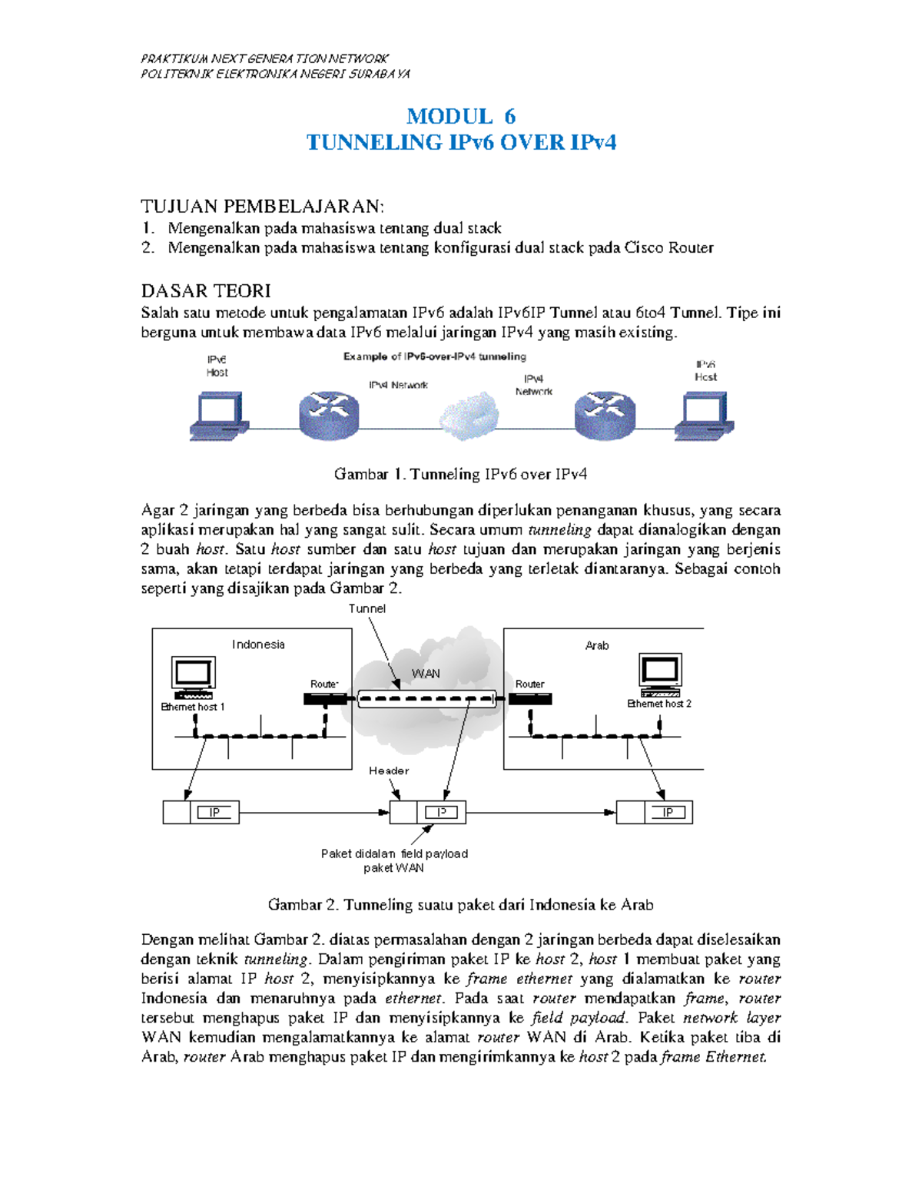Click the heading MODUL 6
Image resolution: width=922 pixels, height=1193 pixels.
[x=460, y=116]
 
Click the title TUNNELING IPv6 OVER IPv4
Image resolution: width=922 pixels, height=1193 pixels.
[x=461, y=142]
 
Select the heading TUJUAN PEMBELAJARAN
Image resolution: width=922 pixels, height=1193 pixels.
[x=262, y=206]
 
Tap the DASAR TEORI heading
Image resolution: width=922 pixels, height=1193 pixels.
[x=206, y=290]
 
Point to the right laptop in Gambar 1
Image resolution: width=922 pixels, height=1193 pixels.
[x=704, y=416]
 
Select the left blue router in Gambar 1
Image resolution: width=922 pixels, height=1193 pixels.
[x=329, y=415]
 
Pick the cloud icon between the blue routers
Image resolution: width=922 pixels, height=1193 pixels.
[x=469, y=416]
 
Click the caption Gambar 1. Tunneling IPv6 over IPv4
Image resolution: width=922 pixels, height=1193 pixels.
[x=460, y=474]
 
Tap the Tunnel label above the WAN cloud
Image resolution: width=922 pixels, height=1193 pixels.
[x=367, y=608]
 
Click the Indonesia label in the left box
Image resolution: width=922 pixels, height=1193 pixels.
[x=258, y=645]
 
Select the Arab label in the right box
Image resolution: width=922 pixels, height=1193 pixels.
[x=597, y=645]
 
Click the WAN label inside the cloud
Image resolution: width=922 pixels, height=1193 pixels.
[x=426, y=674]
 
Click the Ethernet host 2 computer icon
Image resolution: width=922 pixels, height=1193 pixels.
[x=660, y=674]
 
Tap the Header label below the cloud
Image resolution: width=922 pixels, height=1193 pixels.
[x=389, y=770]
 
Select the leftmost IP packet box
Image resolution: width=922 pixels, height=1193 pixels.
[x=201, y=812]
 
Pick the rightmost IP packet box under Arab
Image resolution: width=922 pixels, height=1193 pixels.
[x=655, y=812]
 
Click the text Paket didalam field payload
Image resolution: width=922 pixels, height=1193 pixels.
[x=394, y=853]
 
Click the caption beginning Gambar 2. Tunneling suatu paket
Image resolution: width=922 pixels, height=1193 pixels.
[x=460, y=904]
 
